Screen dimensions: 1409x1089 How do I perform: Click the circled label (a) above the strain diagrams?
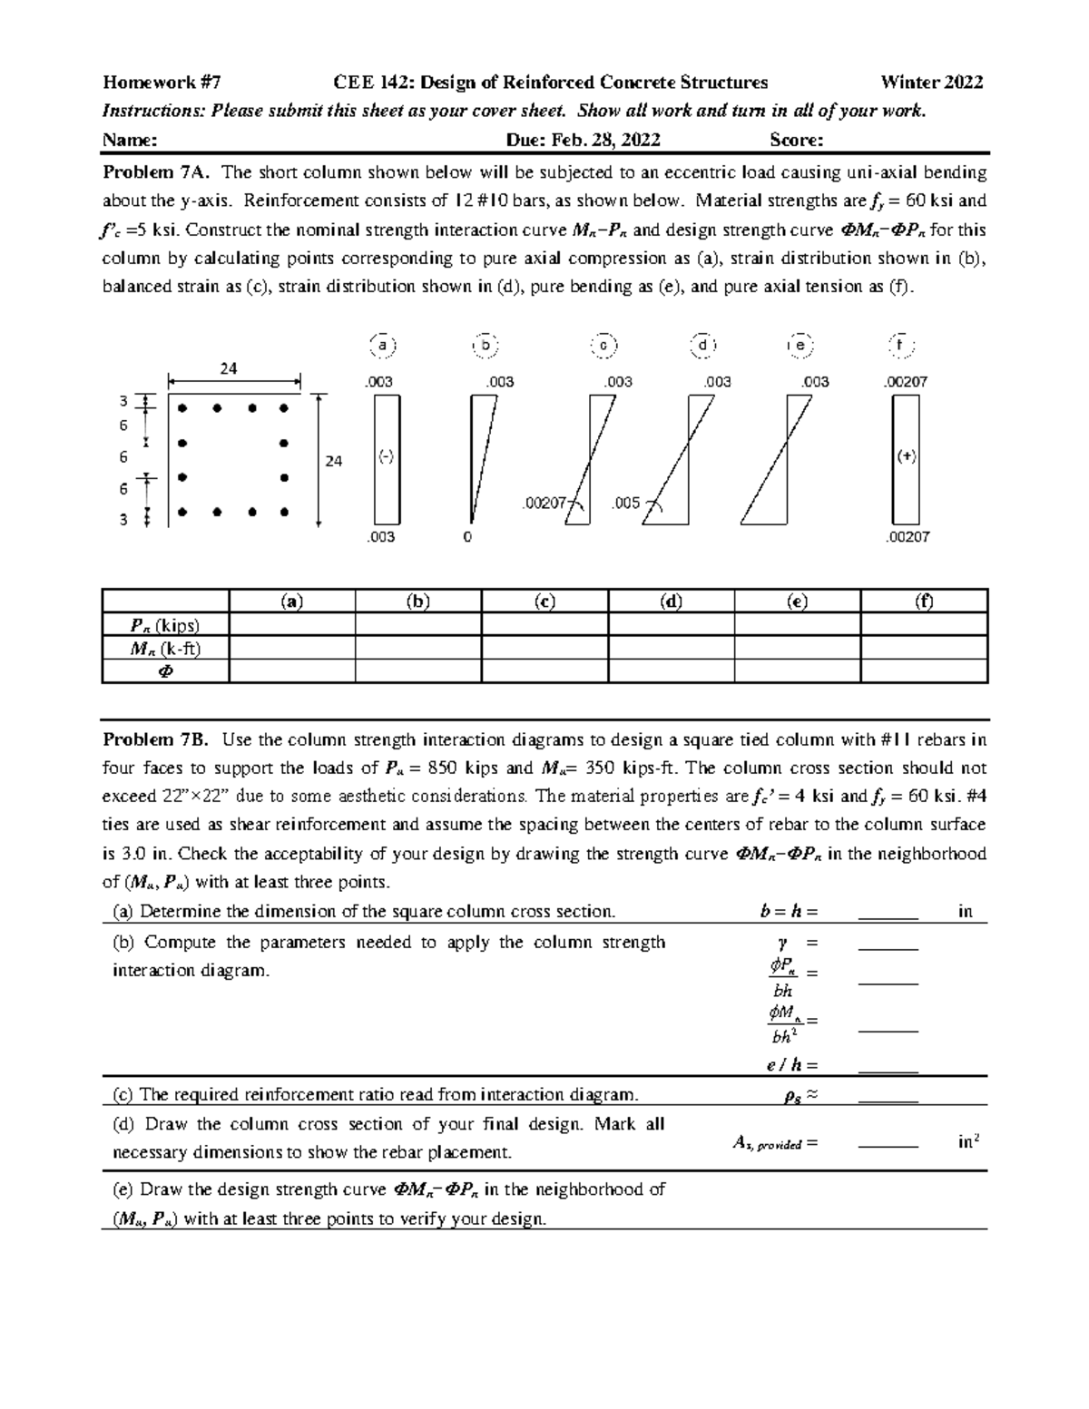pyautogui.click(x=383, y=346)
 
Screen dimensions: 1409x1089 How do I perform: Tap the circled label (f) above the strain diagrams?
pyautogui.click(x=900, y=346)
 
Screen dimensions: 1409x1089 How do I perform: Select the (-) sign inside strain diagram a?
pyautogui.click(x=386, y=457)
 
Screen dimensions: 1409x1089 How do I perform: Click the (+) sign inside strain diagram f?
pyautogui.click(x=906, y=457)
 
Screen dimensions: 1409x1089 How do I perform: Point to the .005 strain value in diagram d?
pyautogui.click(x=626, y=503)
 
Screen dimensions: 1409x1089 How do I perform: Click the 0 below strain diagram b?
pyautogui.click(x=466, y=537)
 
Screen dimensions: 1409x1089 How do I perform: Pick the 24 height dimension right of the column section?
pyautogui.click(x=334, y=461)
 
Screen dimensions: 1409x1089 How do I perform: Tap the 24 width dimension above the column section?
pyautogui.click(x=229, y=368)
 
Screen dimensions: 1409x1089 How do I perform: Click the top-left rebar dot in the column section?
pyautogui.click(x=182, y=408)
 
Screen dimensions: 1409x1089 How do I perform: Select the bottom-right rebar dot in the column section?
pyautogui.click(x=284, y=513)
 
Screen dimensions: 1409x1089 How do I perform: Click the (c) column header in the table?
pyautogui.click(x=544, y=602)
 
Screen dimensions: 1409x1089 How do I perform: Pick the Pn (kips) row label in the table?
pyautogui.click(x=164, y=625)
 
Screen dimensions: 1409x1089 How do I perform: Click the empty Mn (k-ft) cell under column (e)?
pyautogui.click(x=797, y=648)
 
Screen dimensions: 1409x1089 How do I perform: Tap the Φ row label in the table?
pyautogui.click(x=165, y=671)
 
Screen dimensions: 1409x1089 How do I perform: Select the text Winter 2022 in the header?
pyautogui.click(x=932, y=83)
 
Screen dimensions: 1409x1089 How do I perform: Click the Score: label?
pyautogui.click(x=796, y=140)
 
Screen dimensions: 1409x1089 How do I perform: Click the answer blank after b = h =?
pyautogui.click(x=888, y=912)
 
